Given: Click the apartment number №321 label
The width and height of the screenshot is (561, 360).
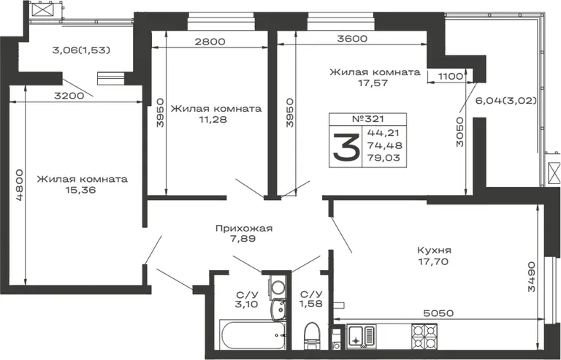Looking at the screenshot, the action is (368, 119).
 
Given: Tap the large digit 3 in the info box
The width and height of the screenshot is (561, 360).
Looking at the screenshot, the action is (346, 147).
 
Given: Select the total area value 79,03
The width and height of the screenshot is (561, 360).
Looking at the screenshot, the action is (384, 158).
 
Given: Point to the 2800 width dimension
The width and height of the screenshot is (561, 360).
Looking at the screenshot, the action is (210, 42).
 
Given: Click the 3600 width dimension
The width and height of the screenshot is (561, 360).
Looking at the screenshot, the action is (352, 39).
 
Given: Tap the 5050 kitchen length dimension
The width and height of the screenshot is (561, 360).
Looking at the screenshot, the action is (438, 313).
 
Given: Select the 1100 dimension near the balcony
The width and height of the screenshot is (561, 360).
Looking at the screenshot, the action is (450, 76).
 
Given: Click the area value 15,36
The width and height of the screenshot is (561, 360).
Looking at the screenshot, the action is (80, 190).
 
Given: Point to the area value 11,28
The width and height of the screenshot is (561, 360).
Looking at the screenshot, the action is (213, 120).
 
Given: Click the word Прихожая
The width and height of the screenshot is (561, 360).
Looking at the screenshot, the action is (244, 229).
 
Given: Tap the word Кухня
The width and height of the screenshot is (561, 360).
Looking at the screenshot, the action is (435, 250).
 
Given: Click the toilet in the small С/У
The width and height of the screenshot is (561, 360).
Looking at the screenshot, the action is (311, 336).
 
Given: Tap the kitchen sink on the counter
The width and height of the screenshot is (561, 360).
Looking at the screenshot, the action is (361, 337).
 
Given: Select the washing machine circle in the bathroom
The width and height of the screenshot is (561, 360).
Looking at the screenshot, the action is (278, 287).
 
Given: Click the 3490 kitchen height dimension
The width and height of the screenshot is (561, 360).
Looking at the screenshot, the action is (532, 276).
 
